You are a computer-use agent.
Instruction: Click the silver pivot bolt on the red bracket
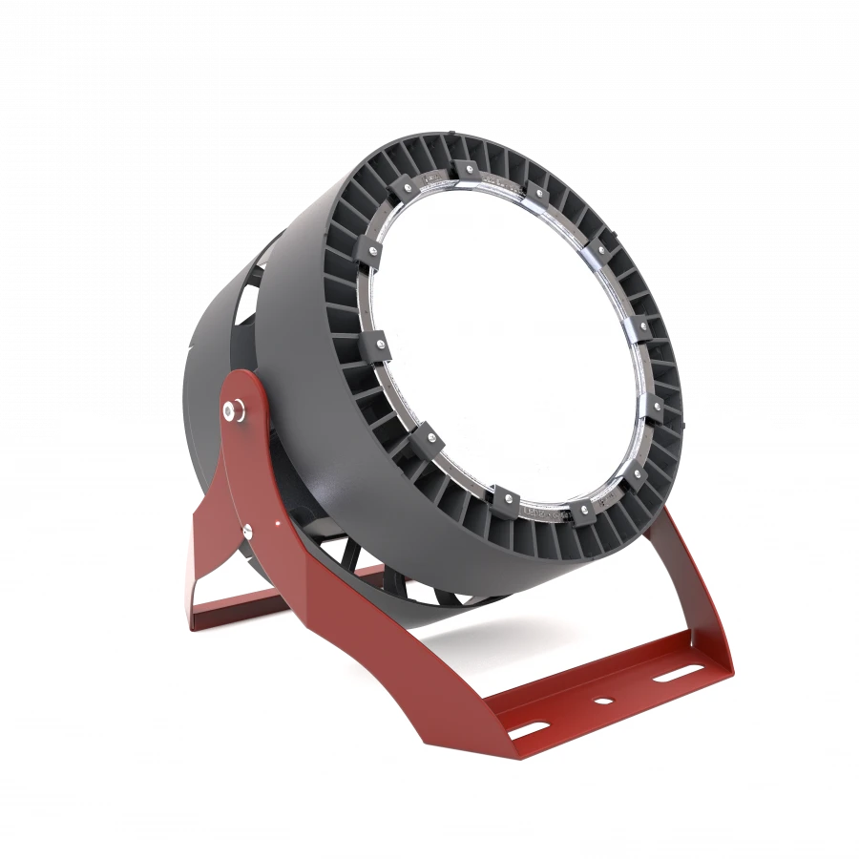point(231,409)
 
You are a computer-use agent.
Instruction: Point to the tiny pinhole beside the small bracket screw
point(277,521)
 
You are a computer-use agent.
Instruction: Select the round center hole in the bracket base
point(601,702)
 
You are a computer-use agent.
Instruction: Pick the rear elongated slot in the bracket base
point(675,674)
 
